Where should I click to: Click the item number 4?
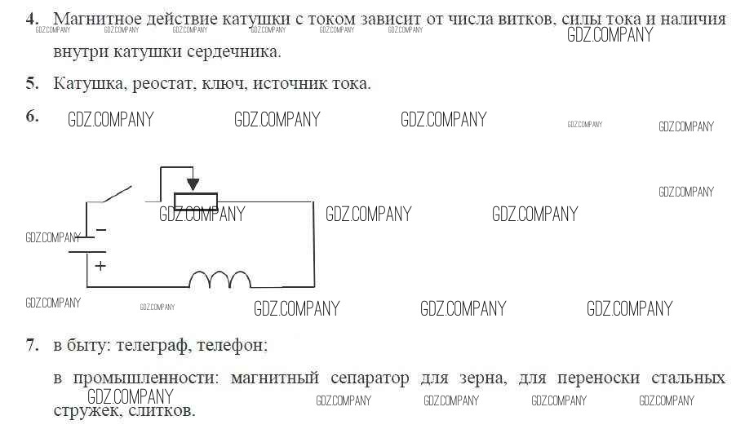coord(32,20)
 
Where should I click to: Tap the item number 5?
coord(32,83)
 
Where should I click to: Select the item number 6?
coord(32,116)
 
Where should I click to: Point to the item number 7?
coord(32,345)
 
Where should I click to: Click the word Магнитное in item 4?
coord(97,20)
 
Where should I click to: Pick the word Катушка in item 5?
coord(90,83)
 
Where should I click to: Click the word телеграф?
coord(153,346)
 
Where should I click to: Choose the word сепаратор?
coord(370,378)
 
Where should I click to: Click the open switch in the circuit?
coord(117,194)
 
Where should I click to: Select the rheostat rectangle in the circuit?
coord(196,201)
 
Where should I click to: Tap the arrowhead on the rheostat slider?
coord(193,184)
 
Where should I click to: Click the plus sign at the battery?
coord(100,266)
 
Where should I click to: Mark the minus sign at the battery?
coord(100,230)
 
